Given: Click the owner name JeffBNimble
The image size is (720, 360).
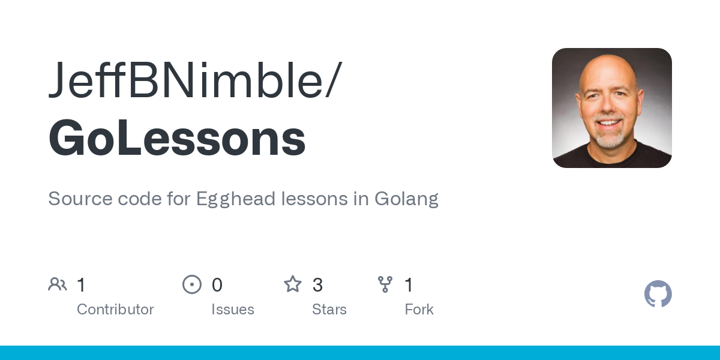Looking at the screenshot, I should pos(186,80).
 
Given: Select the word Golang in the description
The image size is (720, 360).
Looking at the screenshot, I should pos(407,199).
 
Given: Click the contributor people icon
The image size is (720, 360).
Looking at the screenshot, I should pos(58,284).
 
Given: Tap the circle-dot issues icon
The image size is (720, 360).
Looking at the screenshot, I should pos(192,284).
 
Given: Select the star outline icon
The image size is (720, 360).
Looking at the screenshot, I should pos(293,284).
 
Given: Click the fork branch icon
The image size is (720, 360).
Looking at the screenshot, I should pos(385,284).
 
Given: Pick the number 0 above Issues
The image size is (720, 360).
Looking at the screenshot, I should pos(217,285).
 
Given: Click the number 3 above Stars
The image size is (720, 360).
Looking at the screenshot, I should pos(318,285).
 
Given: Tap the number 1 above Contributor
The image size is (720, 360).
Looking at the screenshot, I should pos(82,285).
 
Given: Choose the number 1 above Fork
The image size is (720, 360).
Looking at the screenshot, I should pos(409,285).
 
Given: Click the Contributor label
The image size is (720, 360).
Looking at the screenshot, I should pos(115,310).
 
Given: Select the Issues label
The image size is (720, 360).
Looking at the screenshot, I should pos(233,310).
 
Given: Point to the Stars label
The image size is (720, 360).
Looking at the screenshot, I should pos(329,310).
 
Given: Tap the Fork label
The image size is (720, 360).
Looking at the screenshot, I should pos(419,310).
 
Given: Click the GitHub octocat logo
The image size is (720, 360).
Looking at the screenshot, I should pos(658,294).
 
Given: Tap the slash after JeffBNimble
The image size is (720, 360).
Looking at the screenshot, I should pos(334,80).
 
